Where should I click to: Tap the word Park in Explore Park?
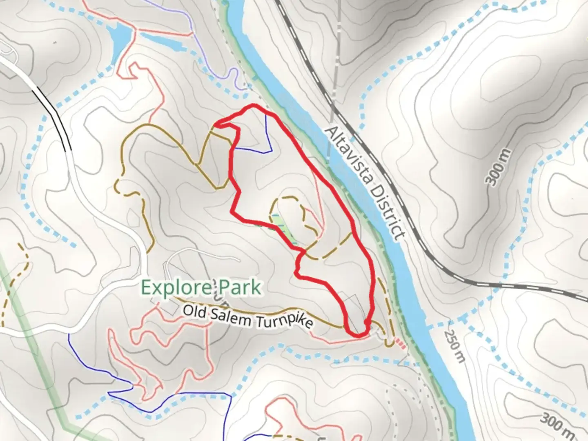click(239, 287)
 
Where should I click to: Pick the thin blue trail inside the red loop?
click(267, 139)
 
